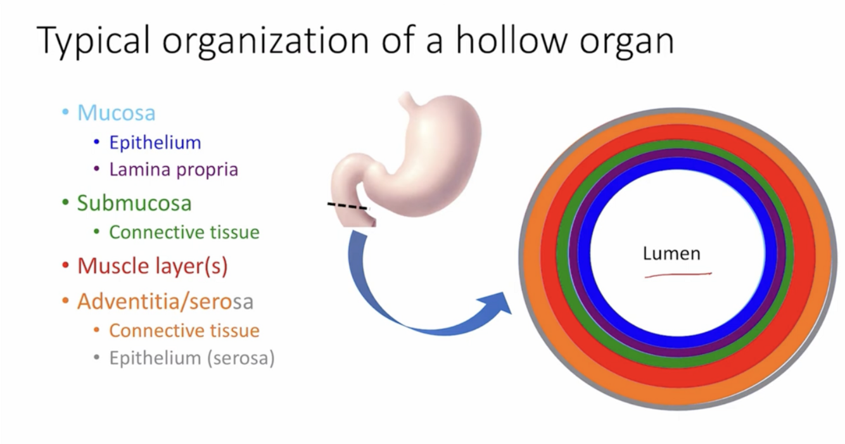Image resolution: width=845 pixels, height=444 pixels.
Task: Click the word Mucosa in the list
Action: [117, 113]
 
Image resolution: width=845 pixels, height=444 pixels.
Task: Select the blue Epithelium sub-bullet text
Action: [155, 143]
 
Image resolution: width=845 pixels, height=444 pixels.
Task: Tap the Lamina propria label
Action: [174, 170]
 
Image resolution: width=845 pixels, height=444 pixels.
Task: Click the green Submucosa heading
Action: [134, 203]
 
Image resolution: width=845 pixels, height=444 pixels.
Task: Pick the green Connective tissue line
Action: [184, 232]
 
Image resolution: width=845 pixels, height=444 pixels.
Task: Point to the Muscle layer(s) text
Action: [152, 266]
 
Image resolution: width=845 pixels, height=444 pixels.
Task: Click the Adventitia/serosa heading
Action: [165, 301]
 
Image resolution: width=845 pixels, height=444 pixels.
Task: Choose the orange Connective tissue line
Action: [184, 331]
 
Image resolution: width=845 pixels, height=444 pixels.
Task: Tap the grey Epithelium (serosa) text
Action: [192, 358]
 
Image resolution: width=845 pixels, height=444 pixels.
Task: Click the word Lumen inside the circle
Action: [671, 253]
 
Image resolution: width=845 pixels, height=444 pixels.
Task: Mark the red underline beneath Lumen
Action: [678, 275]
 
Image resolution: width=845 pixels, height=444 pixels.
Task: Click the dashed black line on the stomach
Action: [347, 206]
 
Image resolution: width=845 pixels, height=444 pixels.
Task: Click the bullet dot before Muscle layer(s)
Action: [65, 266]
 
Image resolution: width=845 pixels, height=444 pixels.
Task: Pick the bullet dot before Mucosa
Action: [65, 113]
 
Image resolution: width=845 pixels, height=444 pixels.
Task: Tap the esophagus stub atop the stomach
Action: [409, 99]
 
